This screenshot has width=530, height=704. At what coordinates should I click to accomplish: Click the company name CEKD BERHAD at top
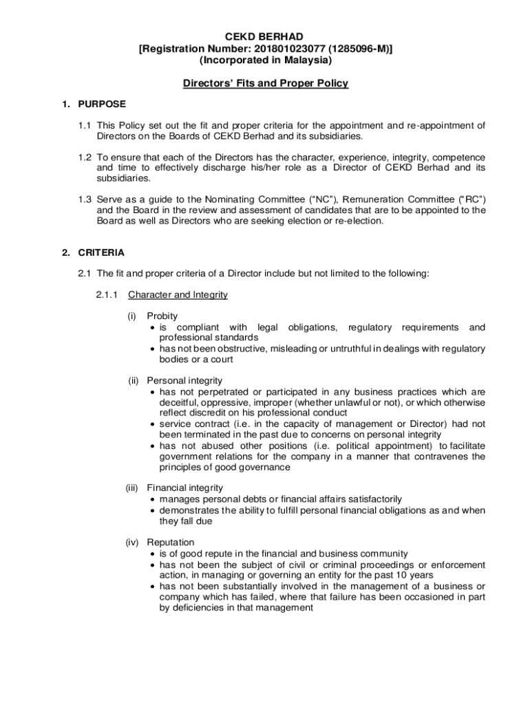tap(265, 36)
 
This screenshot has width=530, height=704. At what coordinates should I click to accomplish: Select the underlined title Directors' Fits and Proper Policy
tap(265, 84)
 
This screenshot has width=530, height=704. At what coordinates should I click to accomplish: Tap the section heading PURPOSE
tap(102, 104)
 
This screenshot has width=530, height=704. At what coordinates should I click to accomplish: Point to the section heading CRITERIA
tap(101, 252)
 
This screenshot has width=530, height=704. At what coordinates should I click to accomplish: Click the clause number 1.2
tap(84, 157)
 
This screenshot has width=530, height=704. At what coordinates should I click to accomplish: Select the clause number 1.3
tap(84, 199)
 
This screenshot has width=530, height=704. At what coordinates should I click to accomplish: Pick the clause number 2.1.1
tap(107, 295)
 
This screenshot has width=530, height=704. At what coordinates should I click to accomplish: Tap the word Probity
tap(162, 316)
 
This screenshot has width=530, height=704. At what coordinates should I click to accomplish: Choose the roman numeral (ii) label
tap(135, 381)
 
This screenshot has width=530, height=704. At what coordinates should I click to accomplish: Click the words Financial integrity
tap(184, 488)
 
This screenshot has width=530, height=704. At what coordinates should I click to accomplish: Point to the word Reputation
tap(171, 542)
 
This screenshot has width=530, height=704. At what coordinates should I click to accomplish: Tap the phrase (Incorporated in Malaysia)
tap(265, 60)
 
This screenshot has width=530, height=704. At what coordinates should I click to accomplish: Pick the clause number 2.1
tap(84, 274)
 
